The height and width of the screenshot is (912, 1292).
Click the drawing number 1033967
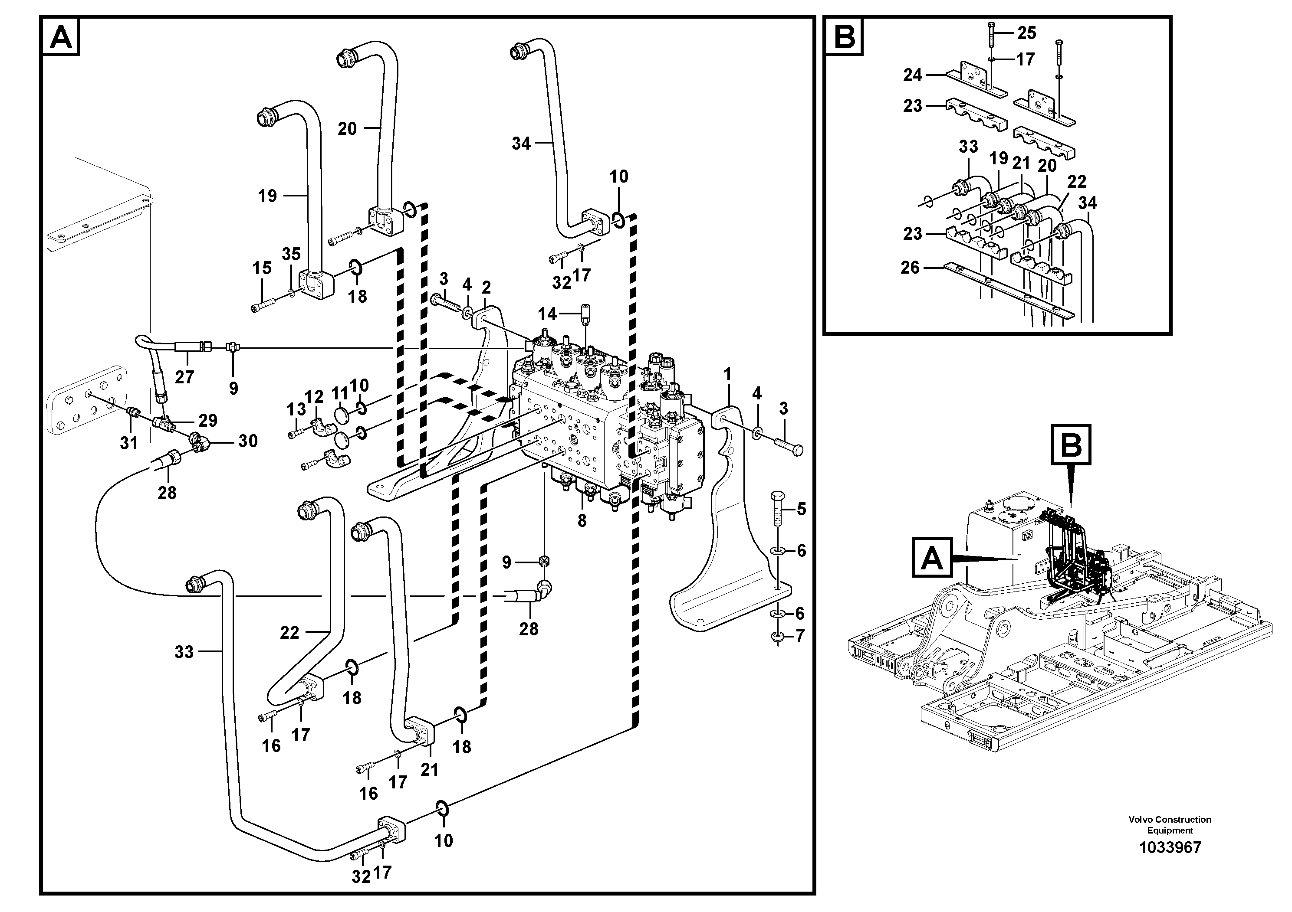pos(1170,863)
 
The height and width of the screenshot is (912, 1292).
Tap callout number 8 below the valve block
pos(582,521)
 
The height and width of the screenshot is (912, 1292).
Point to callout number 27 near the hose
pos(184,377)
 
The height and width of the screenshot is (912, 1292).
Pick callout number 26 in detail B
pos(910,267)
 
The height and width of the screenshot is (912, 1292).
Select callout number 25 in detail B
pos(1026,33)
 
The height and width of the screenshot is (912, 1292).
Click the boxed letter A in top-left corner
pos(61,37)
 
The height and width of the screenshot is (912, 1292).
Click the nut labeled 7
pos(777,637)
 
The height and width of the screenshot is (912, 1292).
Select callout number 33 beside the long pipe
pos(184,652)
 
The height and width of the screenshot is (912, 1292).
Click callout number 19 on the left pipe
pos(267,196)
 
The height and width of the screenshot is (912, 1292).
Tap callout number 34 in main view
pos(521,144)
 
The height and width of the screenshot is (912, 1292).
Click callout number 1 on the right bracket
pos(728,373)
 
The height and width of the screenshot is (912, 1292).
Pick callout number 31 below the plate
pos(129,443)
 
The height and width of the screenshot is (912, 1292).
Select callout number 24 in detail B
pos(912,75)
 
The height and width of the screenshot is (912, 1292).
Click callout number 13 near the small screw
pos(296,409)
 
